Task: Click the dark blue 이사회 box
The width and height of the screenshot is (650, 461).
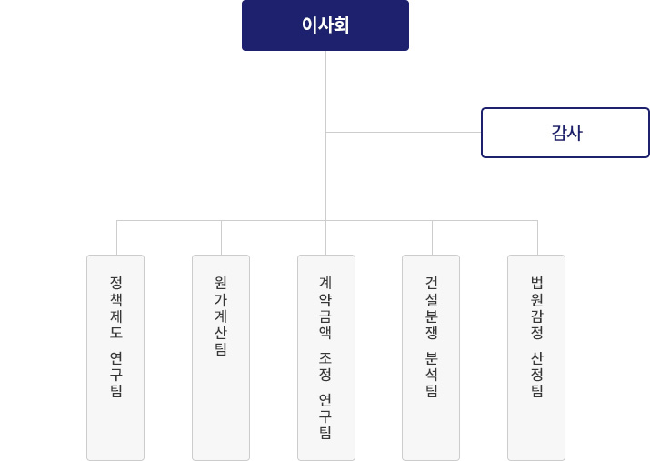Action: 325,25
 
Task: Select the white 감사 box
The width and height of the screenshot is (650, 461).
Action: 565,133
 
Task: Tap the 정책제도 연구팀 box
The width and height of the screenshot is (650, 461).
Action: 115,357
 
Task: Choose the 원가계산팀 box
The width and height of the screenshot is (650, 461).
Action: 221,357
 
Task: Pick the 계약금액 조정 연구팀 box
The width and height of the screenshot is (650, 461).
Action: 326,357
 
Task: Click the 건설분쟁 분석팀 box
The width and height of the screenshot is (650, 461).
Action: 431,357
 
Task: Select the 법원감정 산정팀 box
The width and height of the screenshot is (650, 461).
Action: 536,357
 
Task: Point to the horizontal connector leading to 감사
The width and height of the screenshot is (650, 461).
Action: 404,132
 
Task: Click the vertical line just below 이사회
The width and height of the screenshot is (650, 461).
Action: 325,135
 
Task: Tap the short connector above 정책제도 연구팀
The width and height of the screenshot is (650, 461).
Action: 117,237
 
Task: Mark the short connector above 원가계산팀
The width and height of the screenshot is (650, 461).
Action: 222,237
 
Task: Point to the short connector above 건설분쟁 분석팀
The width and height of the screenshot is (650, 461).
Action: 433,237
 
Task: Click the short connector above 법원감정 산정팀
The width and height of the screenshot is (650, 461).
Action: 537,237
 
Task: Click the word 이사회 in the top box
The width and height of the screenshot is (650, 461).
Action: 325,25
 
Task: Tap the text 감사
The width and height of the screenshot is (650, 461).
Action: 566,133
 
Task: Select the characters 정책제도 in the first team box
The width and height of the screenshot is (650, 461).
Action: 116,307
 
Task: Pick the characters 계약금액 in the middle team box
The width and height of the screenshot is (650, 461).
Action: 325,307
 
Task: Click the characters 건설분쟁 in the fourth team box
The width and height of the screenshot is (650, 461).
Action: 432,307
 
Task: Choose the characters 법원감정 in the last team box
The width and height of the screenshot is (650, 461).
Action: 537,307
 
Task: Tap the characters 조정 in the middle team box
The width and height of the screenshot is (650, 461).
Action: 325,367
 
